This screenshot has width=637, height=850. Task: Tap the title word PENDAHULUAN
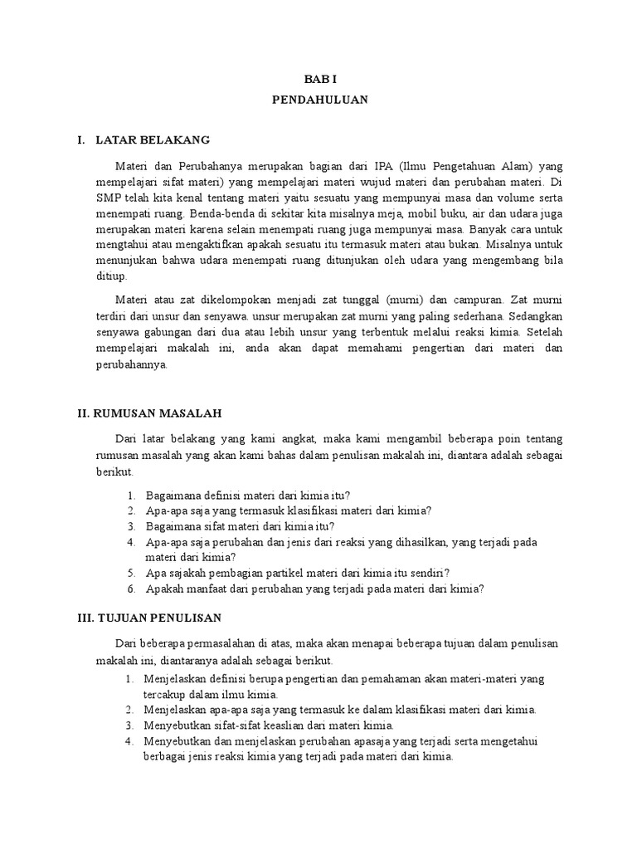(319, 99)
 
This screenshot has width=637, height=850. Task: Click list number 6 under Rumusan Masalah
(131, 589)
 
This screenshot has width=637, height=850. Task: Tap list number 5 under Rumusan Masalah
(131, 573)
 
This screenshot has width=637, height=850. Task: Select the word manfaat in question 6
(215, 589)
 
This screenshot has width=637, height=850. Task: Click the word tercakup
(169, 694)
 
